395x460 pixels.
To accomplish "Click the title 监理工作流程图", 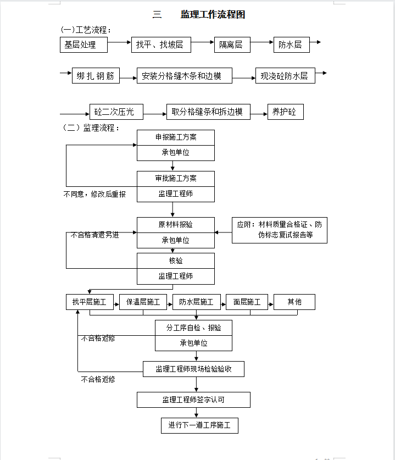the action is click(213, 14).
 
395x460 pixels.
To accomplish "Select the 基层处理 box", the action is click(84, 45).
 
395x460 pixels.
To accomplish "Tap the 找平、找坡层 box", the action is click(161, 45).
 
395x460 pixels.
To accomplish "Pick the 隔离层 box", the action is click(232, 45).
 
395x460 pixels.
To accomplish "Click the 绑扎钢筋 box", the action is click(96, 76).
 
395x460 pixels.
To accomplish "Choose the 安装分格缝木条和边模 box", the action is click(185, 76).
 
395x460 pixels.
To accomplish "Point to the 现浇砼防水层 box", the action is click(285, 76).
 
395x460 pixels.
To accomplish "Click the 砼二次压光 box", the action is click(116, 112).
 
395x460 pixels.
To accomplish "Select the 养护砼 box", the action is click(286, 112).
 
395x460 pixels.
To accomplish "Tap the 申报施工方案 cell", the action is click(176, 137).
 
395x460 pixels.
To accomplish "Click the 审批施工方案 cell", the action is click(176, 179).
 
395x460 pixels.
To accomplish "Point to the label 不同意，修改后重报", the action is click(94, 194).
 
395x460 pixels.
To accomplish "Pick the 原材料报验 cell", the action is click(176, 225).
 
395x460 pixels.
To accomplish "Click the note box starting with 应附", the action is click(280, 230).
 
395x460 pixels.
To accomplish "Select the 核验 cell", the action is click(176, 261).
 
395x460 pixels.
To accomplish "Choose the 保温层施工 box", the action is click(143, 302).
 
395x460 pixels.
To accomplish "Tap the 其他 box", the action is click(294, 302).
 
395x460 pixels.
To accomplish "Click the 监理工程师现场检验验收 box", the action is click(193, 369).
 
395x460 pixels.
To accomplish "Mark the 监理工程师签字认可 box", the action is click(193, 400).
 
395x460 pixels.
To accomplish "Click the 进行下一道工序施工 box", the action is click(200, 426).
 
